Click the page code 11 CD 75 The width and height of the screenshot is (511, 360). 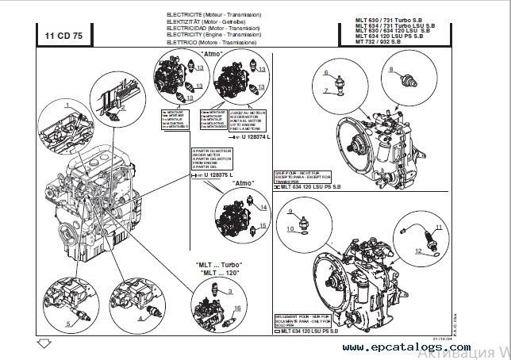pos(63,36)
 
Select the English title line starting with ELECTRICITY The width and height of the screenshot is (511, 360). pos(213,35)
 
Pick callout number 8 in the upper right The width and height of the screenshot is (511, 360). pos(391,70)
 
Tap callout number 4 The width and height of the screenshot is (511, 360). pos(141,318)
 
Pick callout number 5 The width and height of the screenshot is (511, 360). pos(68,323)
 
